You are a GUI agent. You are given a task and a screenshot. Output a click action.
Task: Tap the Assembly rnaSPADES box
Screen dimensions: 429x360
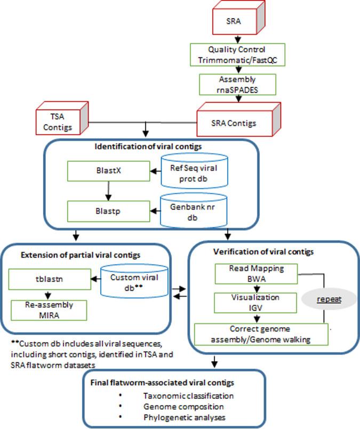pos(237,85)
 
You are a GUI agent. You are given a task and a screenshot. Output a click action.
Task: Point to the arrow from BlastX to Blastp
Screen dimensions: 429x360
pos(108,191)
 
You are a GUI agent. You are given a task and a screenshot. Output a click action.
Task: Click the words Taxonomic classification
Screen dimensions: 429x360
pos(188,395)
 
